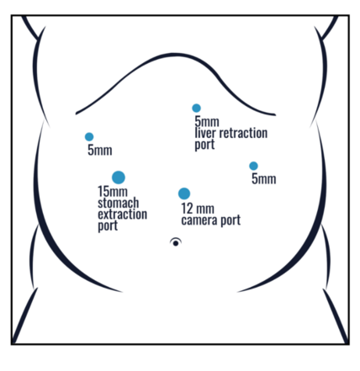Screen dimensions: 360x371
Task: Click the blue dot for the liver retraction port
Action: click(x=196, y=108)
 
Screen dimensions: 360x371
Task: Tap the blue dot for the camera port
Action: click(x=184, y=193)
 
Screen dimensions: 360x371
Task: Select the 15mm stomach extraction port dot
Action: click(x=119, y=178)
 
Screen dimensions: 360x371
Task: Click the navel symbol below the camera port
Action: click(x=176, y=242)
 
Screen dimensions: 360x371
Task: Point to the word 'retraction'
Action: click(x=243, y=133)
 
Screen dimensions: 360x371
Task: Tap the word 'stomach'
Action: click(x=118, y=203)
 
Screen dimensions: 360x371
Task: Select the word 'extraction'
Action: click(x=122, y=215)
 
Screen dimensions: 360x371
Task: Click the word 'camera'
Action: click(x=199, y=220)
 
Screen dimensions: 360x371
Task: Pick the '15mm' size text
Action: click(x=113, y=192)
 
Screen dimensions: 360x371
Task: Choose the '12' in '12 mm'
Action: click(x=188, y=209)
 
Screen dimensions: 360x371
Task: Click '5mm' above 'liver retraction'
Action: click(x=207, y=122)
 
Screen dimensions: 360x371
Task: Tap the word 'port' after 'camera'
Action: click(x=230, y=221)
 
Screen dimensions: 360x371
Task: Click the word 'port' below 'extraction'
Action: click(x=108, y=226)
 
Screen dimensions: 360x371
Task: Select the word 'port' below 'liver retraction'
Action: click(x=204, y=145)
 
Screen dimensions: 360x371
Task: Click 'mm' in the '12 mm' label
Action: click(x=205, y=209)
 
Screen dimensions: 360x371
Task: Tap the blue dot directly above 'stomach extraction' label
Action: click(x=119, y=178)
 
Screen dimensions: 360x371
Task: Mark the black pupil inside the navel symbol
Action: click(x=176, y=243)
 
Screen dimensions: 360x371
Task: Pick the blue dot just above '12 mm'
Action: click(x=184, y=193)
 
